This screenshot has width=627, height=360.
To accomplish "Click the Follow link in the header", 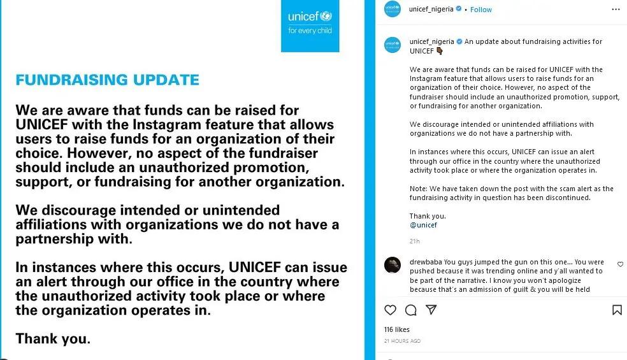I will [481, 10].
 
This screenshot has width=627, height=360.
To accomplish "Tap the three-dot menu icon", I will [616, 10].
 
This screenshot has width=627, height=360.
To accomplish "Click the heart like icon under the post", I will [391, 310].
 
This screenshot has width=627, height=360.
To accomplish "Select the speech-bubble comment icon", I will [411, 310].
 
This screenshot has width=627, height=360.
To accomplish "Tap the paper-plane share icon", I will [431, 310].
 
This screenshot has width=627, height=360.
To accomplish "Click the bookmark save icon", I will [616, 310].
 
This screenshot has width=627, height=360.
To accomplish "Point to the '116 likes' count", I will [397, 329].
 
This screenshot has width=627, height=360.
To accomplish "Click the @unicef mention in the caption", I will [423, 225].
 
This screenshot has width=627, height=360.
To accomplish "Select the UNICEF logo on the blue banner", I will [310, 22].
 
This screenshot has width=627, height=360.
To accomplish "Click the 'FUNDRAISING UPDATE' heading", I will [107, 80].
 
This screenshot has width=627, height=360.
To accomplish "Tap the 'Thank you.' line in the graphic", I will [53, 339].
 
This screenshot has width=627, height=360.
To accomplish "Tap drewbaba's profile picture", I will [393, 265].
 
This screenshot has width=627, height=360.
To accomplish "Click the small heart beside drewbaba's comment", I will [620, 264].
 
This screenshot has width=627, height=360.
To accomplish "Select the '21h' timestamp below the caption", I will [415, 241].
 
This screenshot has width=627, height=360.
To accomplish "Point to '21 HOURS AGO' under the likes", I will [402, 341].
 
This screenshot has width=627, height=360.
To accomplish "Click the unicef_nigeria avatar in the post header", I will [393, 10].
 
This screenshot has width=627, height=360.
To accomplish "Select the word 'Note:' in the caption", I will [419, 189].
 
